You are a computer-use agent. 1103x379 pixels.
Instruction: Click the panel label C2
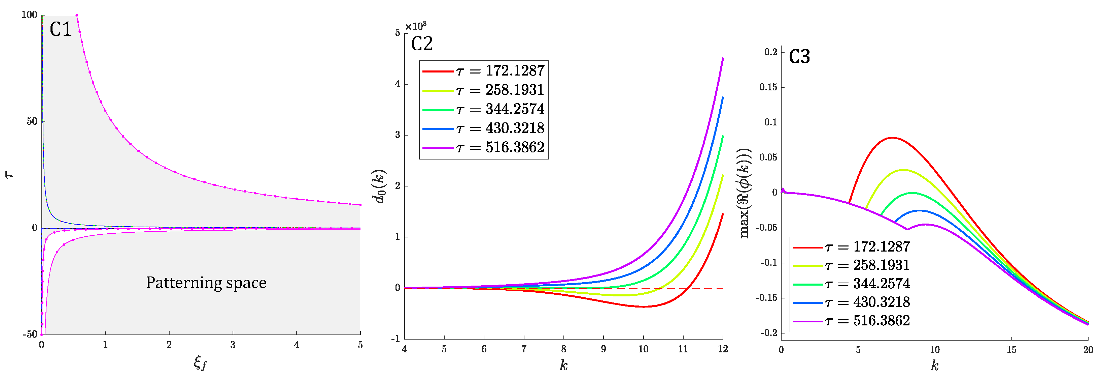[x=422, y=44]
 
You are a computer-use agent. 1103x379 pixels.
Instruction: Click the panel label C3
[x=799, y=57]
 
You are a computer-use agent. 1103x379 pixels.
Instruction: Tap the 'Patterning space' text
[x=206, y=283]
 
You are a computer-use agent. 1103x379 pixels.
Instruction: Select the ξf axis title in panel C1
[x=200, y=363]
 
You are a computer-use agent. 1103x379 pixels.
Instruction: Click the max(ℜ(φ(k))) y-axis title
[x=746, y=193]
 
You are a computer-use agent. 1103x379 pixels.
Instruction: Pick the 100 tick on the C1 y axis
[x=30, y=15]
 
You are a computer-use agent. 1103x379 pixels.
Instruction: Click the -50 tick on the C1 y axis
[x=30, y=334]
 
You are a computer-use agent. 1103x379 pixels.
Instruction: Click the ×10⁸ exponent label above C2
[x=415, y=27]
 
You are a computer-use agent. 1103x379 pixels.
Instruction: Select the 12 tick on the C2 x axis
[x=723, y=349]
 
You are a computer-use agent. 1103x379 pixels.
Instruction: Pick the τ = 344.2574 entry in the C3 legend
[x=851, y=284]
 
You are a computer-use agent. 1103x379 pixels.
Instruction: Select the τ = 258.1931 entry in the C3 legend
[x=851, y=265]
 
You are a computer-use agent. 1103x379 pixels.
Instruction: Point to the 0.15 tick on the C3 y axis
[x=768, y=87]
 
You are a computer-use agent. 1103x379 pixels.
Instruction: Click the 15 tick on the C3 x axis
[x=1011, y=350]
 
